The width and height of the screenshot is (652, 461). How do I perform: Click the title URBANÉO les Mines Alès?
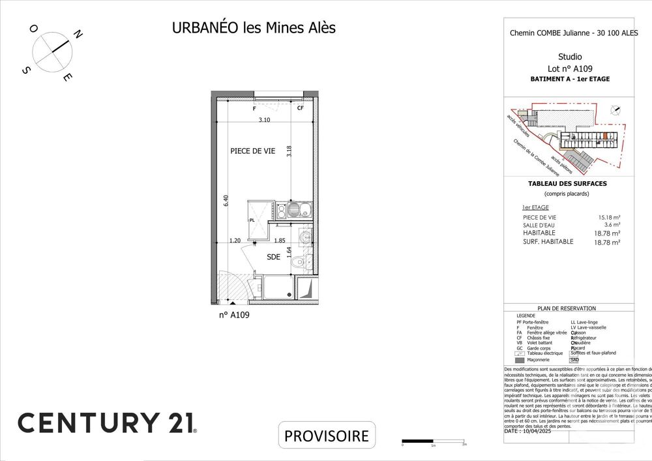point(254,28)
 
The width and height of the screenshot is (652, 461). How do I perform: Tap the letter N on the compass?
point(77,35)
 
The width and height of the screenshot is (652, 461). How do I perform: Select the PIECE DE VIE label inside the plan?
point(252,151)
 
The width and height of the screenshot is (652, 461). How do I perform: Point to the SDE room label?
point(274,257)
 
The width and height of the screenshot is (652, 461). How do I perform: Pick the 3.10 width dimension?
point(263,120)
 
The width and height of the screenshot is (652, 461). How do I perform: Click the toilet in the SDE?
point(299,262)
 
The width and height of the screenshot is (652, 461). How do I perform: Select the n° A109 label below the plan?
point(234,314)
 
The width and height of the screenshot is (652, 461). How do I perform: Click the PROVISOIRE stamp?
point(327,436)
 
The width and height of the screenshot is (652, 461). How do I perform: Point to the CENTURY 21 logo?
point(107,423)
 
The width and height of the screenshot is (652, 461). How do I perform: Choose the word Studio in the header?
point(570,57)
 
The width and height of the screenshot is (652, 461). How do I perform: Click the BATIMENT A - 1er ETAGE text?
point(570,79)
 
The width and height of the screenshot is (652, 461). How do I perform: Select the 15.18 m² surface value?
point(609,217)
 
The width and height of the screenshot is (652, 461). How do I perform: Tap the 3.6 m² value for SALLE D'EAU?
point(612,225)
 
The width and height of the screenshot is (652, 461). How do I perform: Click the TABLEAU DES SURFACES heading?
point(567,184)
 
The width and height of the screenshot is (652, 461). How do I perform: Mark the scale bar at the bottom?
point(433,441)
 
